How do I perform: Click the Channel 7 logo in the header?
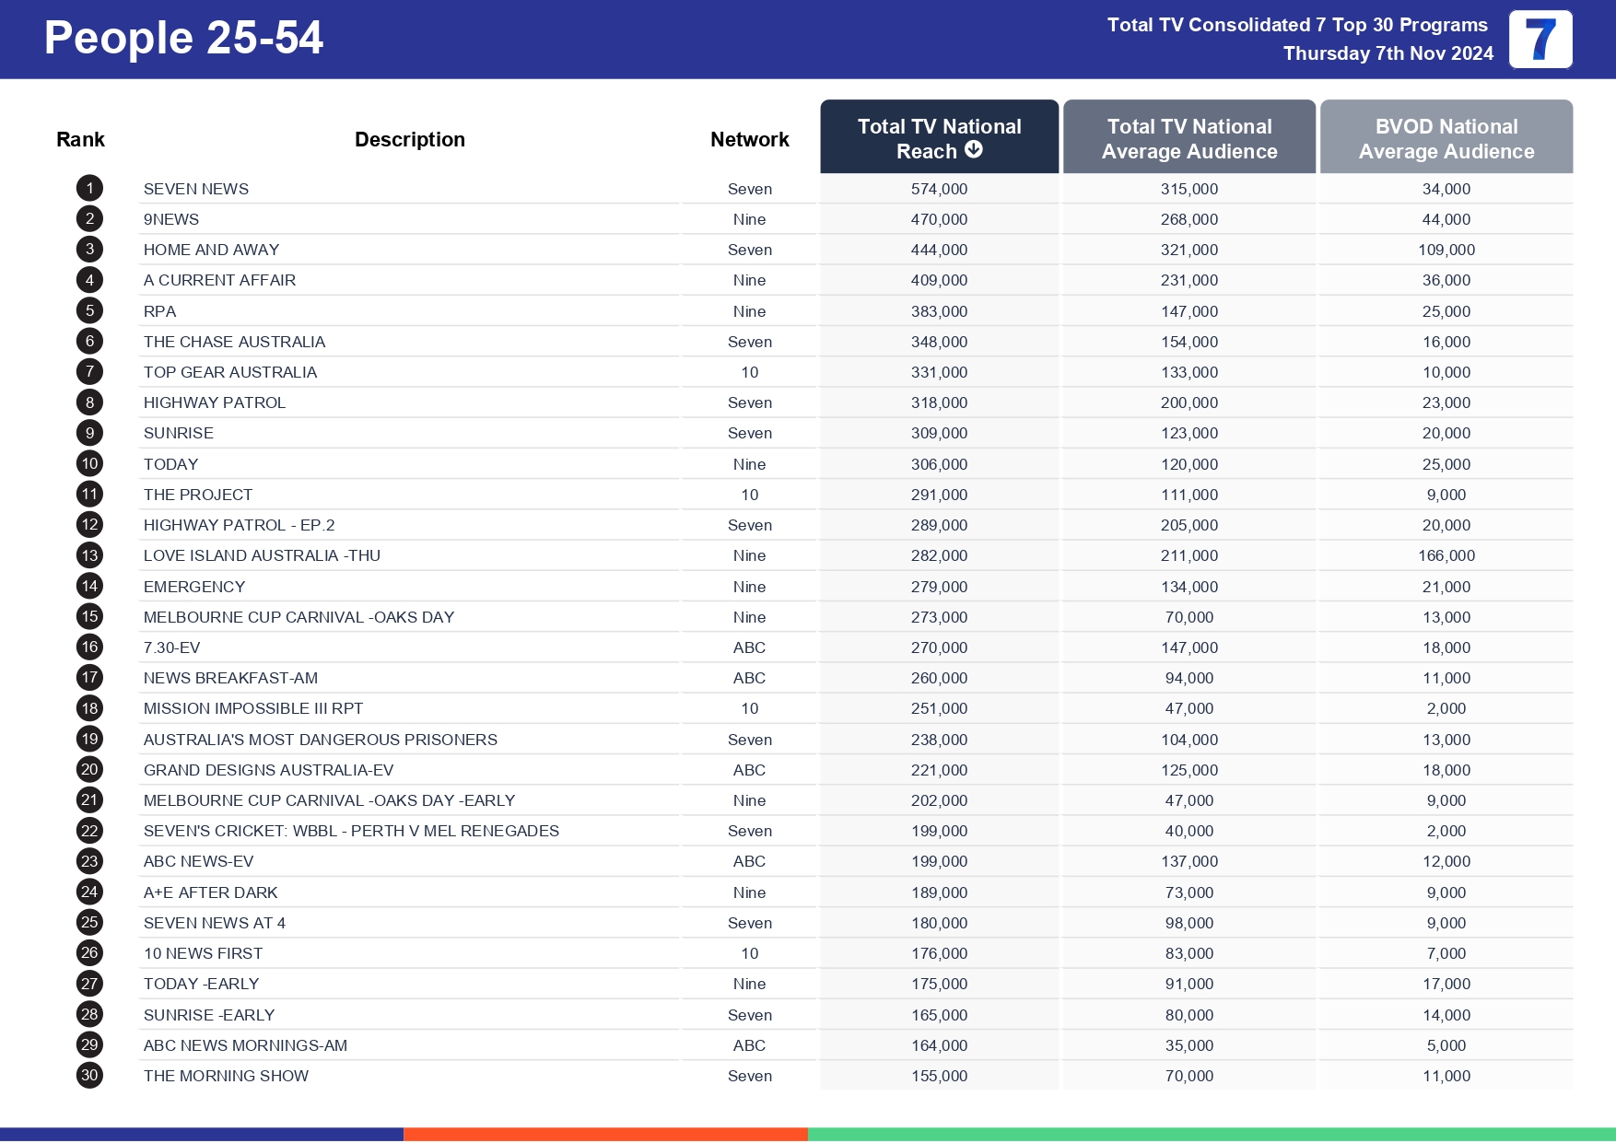click(1540, 40)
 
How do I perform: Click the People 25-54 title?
click(183, 39)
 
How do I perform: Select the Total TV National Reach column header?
click(939, 137)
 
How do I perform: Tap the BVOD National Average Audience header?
click(1446, 138)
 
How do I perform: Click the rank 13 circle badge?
click(89, 555)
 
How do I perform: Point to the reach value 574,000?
click(939, 189)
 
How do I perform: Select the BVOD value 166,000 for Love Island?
click(1446, 555)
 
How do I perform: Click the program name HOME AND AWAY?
click(211, 250)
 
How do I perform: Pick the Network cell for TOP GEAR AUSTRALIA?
click(749, 372)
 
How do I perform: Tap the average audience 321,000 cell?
click(1189, 250)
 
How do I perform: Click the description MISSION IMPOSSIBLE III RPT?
click(253, 708)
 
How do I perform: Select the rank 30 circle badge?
click(89, 1075)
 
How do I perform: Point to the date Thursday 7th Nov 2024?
click(1388, 53)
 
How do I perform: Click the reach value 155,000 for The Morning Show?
click(939, 1076)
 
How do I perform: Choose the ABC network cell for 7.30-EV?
click(749, 647)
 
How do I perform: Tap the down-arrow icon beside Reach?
click(974, 149)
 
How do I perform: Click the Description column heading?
click(409, 139)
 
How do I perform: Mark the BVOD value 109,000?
click(1446, 250)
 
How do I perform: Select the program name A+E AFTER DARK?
click(210, 892)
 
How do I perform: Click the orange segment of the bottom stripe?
click(605, 1134)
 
